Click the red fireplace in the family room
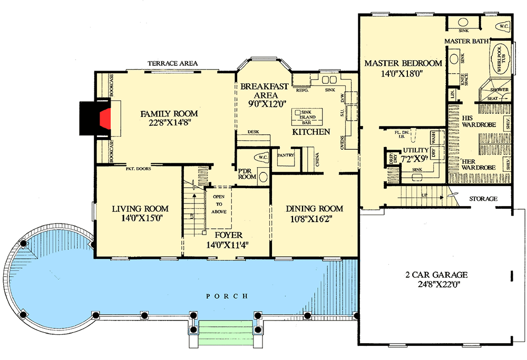(x=106, y=118)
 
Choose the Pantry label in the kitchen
(x=285, y=155)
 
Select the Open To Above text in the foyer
(x=219, y=203)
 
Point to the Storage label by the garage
(x=483, y=199)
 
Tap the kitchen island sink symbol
(x=298, y=113)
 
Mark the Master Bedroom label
(x=403, y=63)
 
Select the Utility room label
(x=413, y=151)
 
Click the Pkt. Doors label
(x=139, y=169)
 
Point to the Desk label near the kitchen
(x=252, y=132)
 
